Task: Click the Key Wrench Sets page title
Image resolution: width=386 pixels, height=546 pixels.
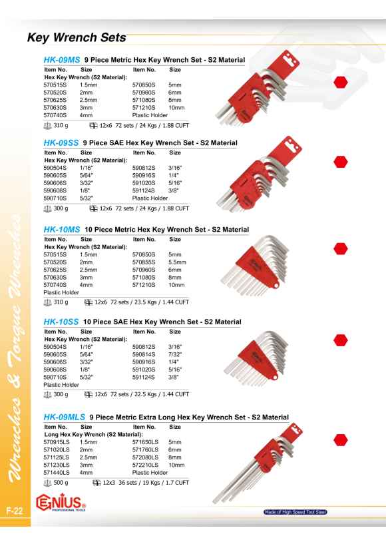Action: click(x=77, y=37)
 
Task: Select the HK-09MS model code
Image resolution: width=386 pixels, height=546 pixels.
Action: click(x=62, y=60)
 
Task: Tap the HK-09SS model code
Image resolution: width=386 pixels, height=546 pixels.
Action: click(x=61, y=142)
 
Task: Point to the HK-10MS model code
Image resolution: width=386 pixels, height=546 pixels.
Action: click(x=62, y=230)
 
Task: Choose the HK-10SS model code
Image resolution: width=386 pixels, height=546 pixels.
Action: click(x=61, y=322)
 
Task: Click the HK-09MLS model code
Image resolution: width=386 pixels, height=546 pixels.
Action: click(x=64, y=417)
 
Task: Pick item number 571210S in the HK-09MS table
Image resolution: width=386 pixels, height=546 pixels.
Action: click(x=144, y=108)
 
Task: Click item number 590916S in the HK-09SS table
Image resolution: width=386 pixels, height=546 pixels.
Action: click(x=144, y=176)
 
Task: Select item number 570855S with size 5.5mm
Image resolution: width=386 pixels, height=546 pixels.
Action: click(x=144, y=262)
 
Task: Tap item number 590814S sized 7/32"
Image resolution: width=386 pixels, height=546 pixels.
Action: click(x=144, y=354)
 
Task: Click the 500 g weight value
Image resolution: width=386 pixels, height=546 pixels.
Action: click(x=61, y=483)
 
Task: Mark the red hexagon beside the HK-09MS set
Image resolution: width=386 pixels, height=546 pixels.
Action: click(x=340, y=82)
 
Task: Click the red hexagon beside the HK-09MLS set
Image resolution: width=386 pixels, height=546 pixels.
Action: click(x=340, y=440)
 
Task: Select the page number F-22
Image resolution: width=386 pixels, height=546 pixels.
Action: click(x=14, y=511)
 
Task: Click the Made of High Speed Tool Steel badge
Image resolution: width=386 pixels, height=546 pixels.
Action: click(x=295, y=512)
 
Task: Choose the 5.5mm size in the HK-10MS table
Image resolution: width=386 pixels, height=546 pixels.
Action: click(x=177, y=262)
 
